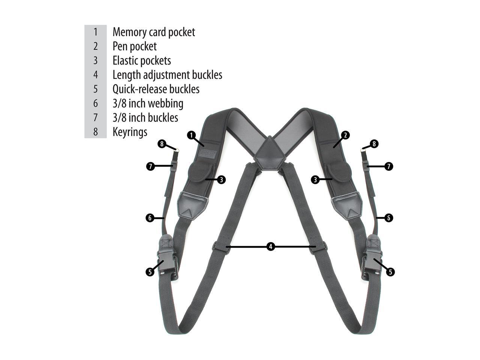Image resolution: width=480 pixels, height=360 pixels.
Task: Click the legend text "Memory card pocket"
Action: coord(154,32)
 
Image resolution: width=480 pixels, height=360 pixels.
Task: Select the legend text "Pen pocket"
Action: coord(135,46)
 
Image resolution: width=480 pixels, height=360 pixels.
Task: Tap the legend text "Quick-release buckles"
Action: coord(156,89)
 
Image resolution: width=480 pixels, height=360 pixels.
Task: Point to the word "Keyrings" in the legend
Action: coord(130,132)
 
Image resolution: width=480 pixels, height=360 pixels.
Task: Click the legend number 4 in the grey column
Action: coord(96,75)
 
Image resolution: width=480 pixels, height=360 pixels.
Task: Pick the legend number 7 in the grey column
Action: coord(96,118)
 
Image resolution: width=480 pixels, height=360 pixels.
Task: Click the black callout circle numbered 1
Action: coord(191,135)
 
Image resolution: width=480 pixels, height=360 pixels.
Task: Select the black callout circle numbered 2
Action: coord(345,135)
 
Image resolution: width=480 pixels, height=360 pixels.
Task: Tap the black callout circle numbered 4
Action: coord(271,246)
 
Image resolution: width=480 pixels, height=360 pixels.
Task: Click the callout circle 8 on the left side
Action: coord(162,144)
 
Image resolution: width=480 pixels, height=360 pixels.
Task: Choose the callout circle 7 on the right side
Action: coord(388,166)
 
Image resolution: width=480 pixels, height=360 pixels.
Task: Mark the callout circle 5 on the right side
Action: coord(390,272)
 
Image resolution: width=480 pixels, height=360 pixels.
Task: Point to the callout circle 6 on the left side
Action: coord(150,217)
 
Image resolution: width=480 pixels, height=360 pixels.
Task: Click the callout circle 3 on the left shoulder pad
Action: coord(221,180)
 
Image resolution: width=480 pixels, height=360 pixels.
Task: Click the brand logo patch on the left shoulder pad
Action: coord(208,154)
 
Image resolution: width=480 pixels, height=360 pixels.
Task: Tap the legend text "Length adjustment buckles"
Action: coord(167,75)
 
